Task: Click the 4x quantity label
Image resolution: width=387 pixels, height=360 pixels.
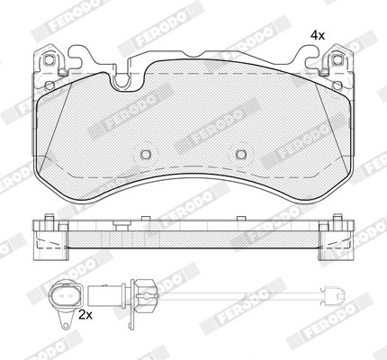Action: [x=318, y=36]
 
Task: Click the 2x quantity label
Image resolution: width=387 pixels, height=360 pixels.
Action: [x=85, y=315]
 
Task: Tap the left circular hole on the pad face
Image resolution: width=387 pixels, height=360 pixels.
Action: [x=146, y=155]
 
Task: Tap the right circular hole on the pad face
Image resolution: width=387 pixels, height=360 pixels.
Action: [x=240, y=155]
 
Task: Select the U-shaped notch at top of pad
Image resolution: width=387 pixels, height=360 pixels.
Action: [x=121, y=81]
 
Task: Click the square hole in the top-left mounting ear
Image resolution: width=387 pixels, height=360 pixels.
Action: [x=49, y=60]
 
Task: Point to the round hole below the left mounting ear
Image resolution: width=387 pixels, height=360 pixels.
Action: [x=49, y=86]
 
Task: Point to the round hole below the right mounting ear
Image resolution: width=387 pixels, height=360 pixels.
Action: [x=337, y=85]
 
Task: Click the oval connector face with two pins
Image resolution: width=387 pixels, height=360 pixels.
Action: [x=66, y=296]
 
